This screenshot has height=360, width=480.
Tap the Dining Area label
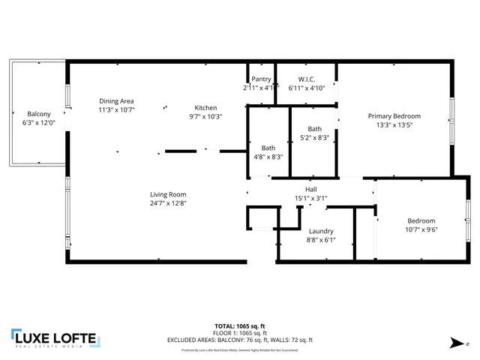click(116, 100)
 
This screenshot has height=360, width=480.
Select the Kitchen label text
click(205, 107)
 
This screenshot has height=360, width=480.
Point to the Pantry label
click(261, 79)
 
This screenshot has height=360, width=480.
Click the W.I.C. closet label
click(306, 79)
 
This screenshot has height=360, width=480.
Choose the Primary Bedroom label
click(394, 116)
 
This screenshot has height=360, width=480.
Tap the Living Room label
click(167, 194)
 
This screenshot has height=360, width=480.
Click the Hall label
click(310, 190)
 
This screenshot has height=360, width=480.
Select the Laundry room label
click(320, 231)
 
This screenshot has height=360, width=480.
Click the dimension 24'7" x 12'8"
click(167, 202)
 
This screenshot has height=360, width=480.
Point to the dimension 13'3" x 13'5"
click(394, 125)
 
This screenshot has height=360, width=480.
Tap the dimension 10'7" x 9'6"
click(421, 229)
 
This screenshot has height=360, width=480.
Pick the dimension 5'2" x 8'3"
click(314, 137)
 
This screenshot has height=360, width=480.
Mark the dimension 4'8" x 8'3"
click(268, 157)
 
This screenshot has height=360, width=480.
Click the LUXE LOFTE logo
click(54, 338)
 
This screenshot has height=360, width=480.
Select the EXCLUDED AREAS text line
click(239, 340)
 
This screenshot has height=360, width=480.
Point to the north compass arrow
click(457, 343)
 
